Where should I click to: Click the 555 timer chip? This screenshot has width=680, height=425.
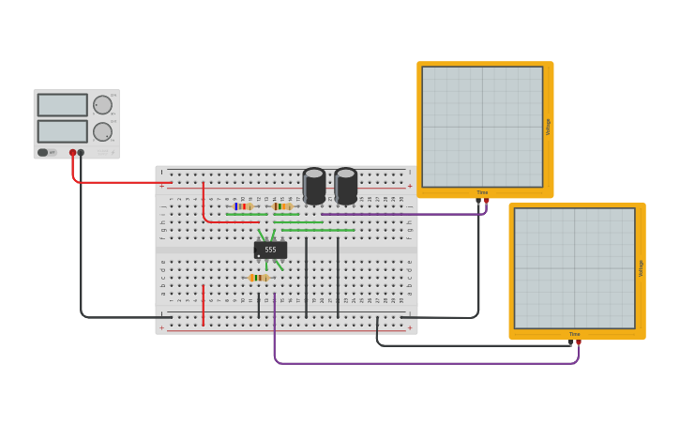270,250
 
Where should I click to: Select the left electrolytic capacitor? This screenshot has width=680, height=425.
314,186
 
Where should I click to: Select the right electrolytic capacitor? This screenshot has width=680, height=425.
346,186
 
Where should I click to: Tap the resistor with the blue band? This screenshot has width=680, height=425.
244,206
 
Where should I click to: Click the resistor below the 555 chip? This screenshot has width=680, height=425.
259,278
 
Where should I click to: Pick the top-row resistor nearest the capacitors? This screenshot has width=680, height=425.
282,206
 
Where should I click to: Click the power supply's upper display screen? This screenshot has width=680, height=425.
63,105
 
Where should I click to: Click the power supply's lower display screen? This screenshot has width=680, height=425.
63,131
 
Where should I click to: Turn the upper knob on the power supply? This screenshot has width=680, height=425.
102,105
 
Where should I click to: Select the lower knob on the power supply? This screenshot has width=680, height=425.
102,131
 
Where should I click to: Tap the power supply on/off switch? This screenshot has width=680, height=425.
43,152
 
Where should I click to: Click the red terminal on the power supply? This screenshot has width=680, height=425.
72,152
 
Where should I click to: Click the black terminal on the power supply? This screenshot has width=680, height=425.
81,152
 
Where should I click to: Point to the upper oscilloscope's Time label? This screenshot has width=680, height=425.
482,192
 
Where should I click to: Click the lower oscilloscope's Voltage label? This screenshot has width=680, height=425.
641,268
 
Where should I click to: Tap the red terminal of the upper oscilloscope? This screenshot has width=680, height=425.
486,200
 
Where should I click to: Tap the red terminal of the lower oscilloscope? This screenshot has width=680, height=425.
578,342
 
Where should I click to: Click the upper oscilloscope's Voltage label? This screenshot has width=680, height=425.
549,127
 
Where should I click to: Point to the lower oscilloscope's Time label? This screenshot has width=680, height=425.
574,334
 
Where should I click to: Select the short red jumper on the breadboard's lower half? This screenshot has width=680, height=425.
203,305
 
